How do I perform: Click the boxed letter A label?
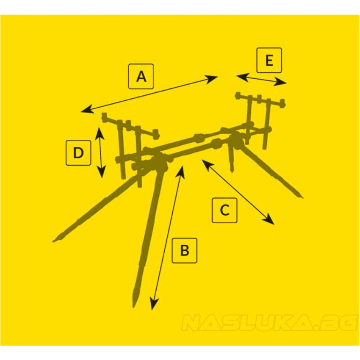(x=141, y=76)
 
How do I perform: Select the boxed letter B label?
(x=184, y=250)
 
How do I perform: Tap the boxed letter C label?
(x=224, y=210)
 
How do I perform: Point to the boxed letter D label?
(x=78, y=152)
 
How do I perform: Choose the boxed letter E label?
(x=269, y=60)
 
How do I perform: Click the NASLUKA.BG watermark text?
(x=269, y=323)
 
